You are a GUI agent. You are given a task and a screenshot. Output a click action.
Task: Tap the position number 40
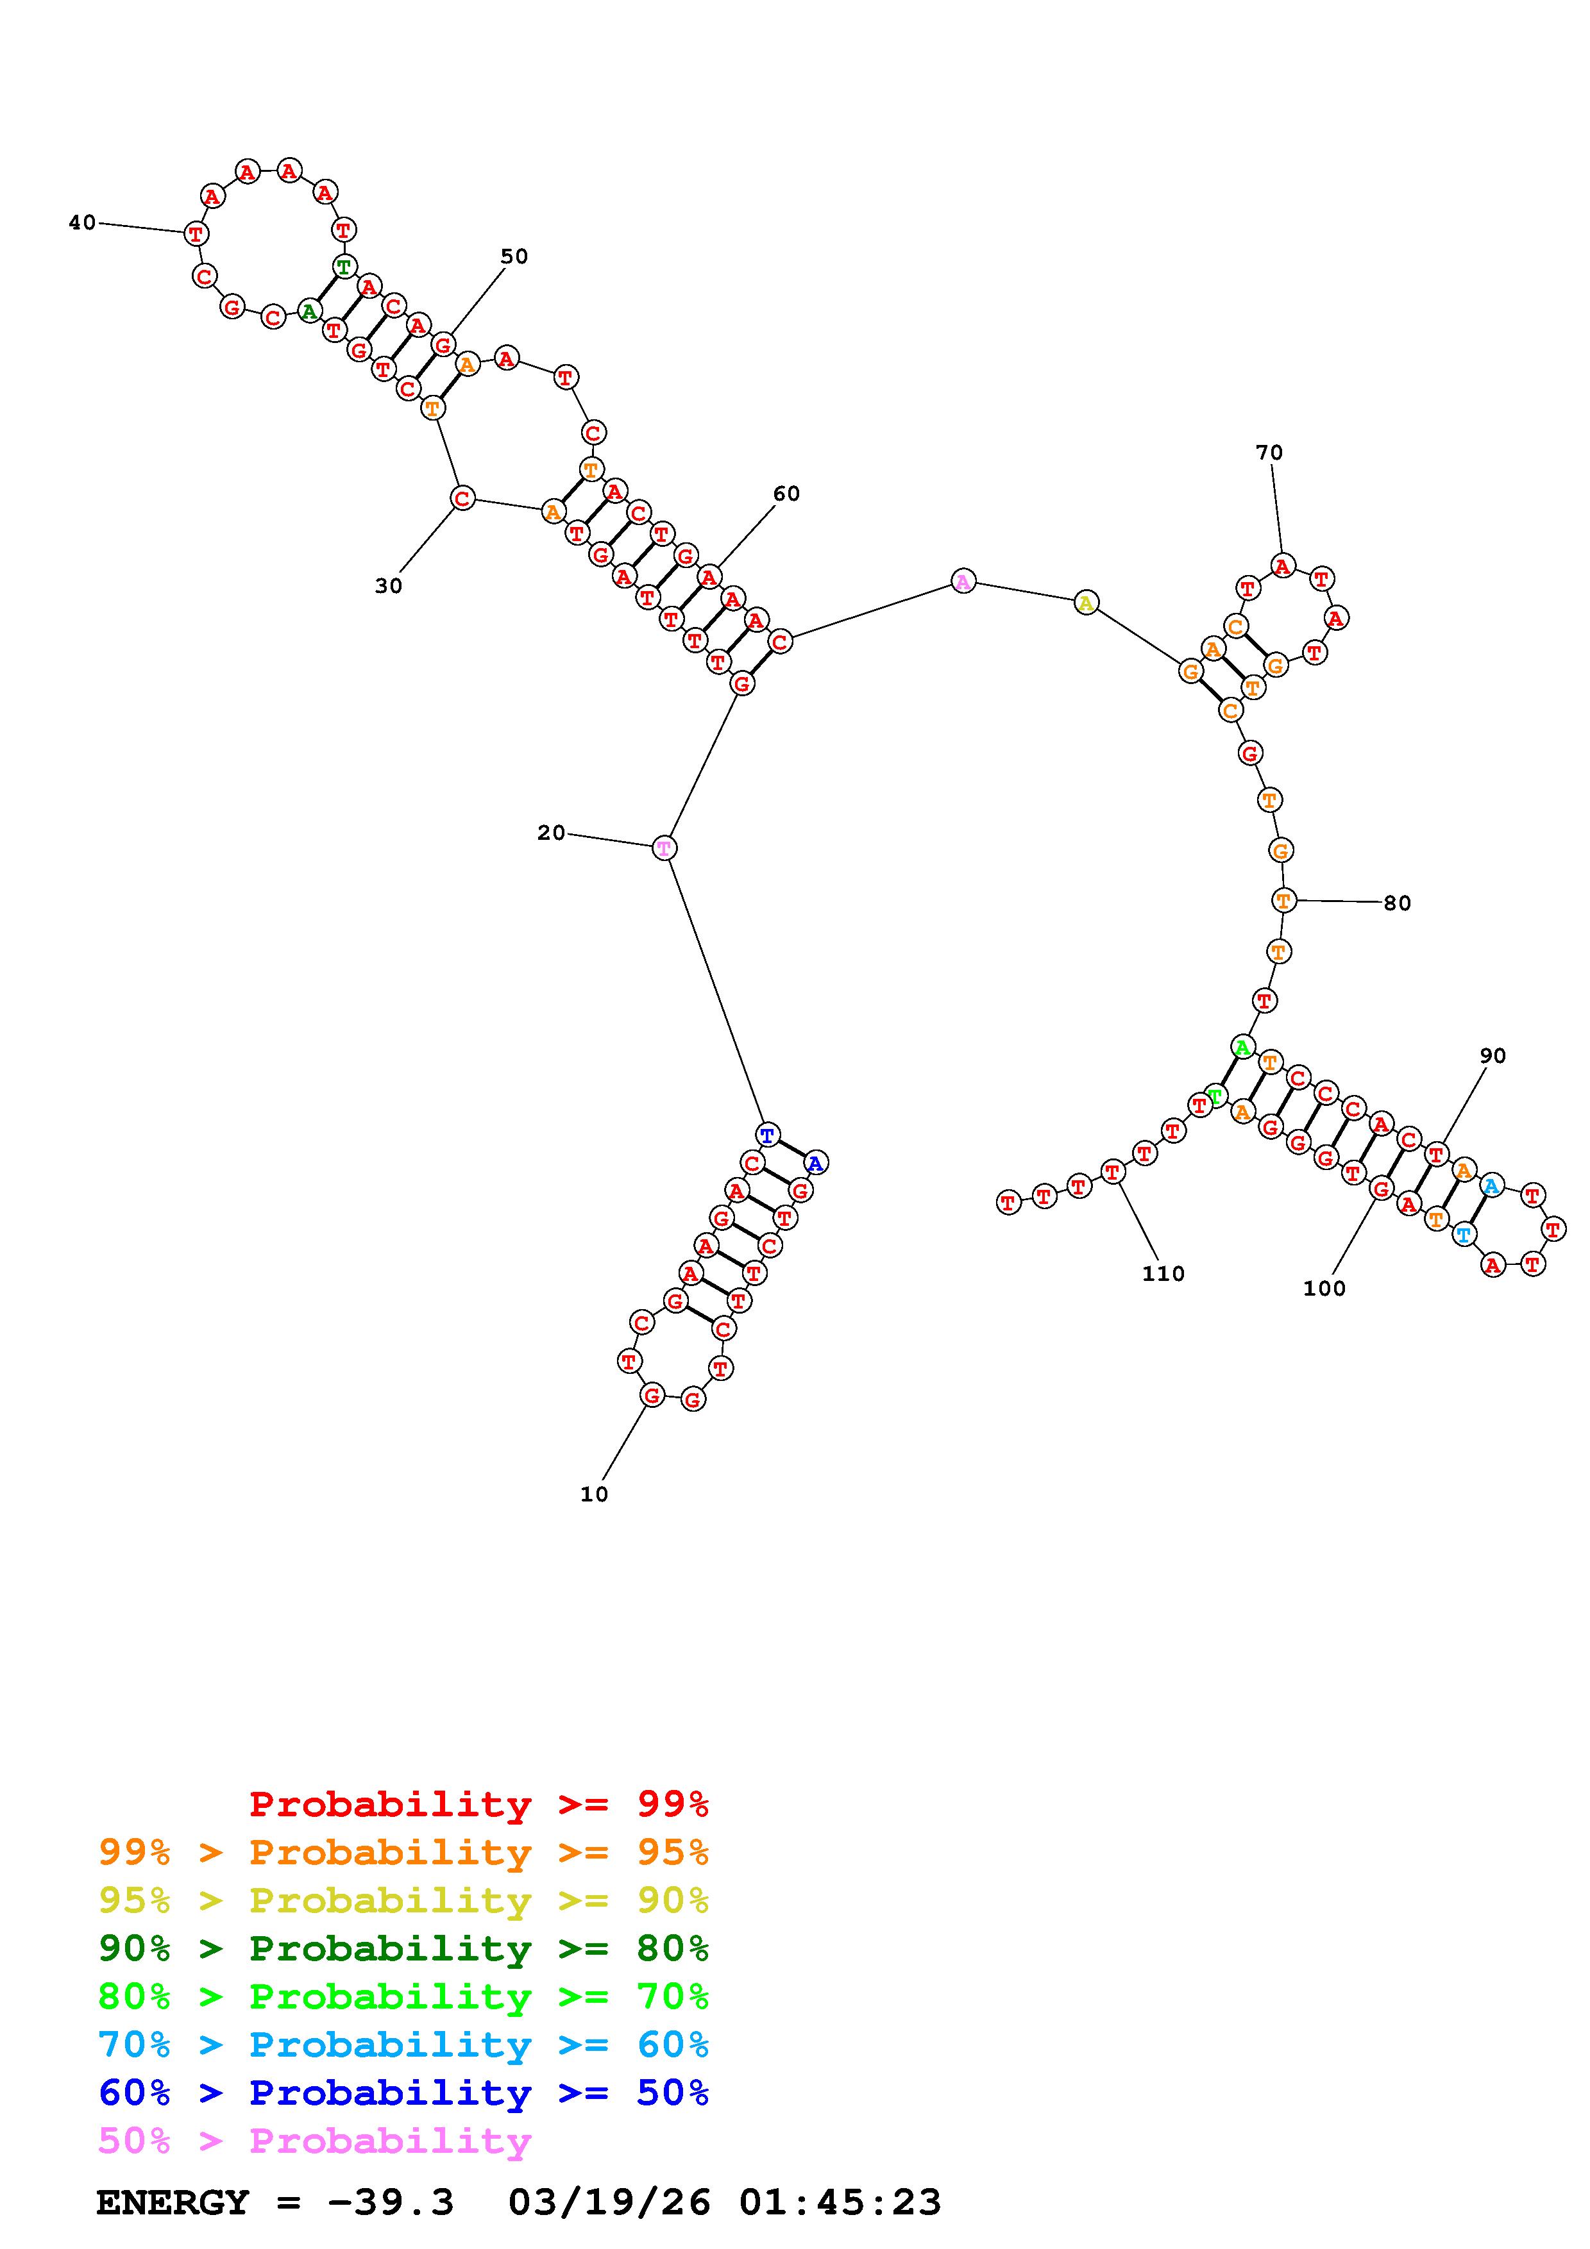[82, 223]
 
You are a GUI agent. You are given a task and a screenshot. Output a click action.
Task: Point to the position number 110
[1163, 1273]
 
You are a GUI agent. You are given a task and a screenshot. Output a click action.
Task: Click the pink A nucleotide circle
[963, 582]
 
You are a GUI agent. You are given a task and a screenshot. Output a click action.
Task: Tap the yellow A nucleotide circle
[1085, 603]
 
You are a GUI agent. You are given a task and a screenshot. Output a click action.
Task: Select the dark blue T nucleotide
[768, 1135]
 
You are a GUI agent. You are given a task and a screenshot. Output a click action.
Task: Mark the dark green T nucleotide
[344, 267]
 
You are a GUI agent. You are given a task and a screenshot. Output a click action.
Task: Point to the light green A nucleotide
[1242, 1047]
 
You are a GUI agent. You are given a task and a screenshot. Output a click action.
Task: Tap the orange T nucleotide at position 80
[1283, 899]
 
